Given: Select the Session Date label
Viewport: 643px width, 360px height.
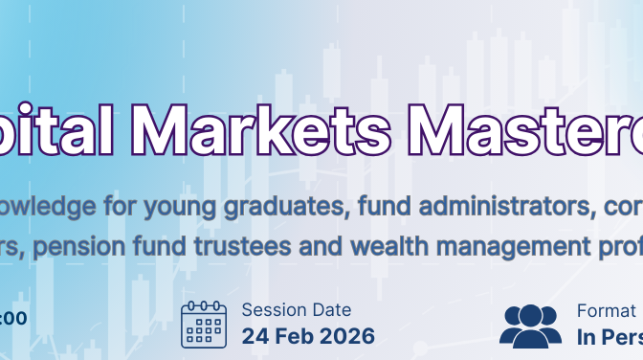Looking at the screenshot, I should click(296, 309).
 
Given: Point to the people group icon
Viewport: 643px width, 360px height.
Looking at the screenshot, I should click(531, 325).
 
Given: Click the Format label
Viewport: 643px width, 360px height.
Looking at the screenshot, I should click(606, 309).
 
